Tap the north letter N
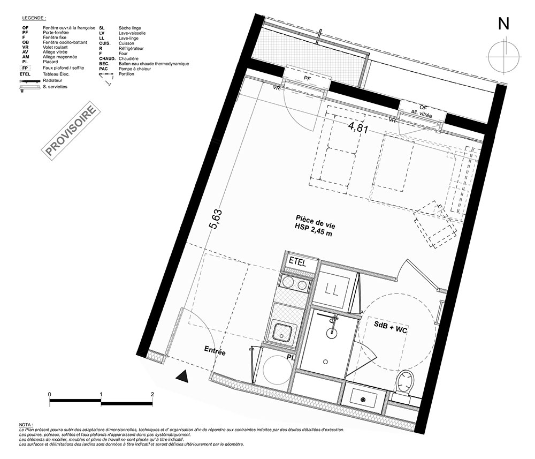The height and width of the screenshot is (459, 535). point(503,24)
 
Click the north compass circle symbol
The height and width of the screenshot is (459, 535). point(503,56)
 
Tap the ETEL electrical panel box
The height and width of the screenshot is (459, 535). point(297,262)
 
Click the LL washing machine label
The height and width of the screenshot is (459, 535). point(331,290)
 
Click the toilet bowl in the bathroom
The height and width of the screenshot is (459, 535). point(404,382)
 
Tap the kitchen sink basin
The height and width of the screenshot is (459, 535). point(281,332)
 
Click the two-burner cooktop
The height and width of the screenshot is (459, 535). point(293,283)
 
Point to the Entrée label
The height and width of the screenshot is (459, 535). point(215,350)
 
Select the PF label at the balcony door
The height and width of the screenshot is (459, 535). point(308,78)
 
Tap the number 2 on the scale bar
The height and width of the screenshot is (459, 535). point(152,394)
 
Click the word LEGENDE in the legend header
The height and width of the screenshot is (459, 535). point(34,18)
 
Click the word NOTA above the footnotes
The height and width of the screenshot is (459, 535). point(26,425)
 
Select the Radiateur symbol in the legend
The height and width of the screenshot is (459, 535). point(30,81)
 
